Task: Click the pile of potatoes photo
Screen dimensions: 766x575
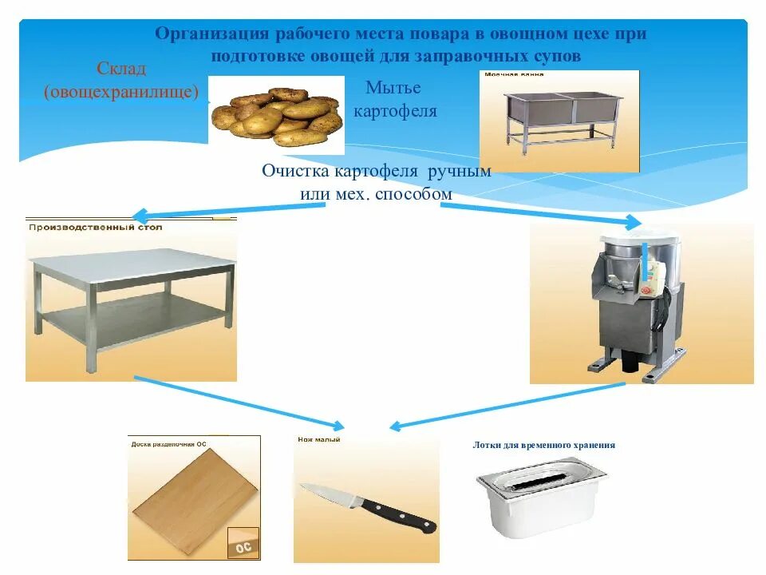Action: pos(276,116)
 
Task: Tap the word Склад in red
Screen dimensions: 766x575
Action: pos(122,68)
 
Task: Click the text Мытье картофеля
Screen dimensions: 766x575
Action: pos(394,99)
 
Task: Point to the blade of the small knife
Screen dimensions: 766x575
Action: pos(328,493)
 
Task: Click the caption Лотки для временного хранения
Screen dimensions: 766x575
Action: pos(543,446)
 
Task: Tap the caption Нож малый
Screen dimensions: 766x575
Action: pos(319,440)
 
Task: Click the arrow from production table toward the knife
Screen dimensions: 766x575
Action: pos(239,401)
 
